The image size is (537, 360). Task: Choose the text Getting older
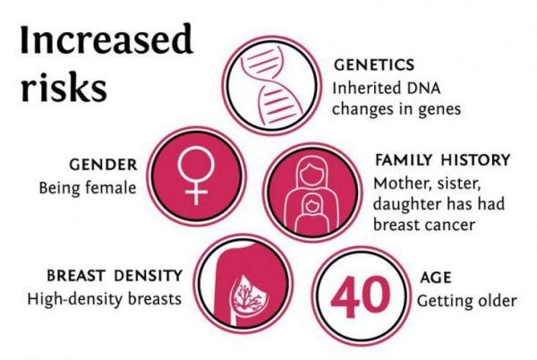466,300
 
